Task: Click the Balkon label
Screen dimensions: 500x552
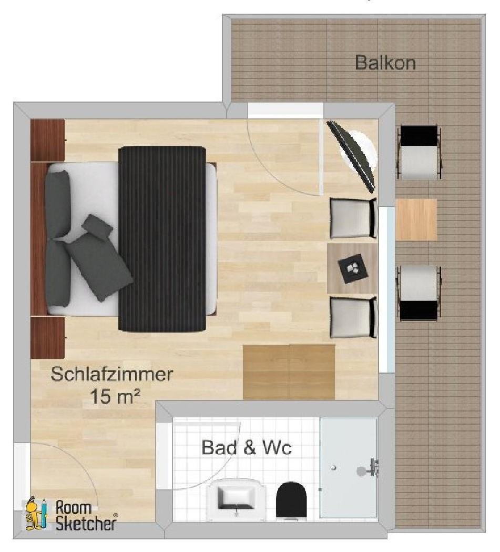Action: click(385, 63)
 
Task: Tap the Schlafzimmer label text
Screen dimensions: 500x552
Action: click(112, 374)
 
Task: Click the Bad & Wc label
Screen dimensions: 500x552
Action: click(247, 448)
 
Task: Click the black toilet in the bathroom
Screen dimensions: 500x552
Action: click(291, 500)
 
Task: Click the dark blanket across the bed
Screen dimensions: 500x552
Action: click(162, 239)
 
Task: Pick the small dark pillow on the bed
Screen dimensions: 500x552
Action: click(97, 226)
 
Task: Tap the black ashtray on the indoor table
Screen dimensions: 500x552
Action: click(353, 268)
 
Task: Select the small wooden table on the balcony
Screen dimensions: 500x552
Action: click(416, 219)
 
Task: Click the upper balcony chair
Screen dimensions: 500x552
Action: click(419, 152)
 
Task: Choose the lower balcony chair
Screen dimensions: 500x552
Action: click(419, 293)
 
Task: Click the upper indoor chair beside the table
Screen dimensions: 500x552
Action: click(353, 218)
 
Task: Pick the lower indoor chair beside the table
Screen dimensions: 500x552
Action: click(353, 317)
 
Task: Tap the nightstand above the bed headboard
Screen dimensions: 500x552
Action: click(48, 140)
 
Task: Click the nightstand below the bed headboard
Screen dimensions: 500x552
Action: click(48, 337)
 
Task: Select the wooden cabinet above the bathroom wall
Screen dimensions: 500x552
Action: click(289, 372)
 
